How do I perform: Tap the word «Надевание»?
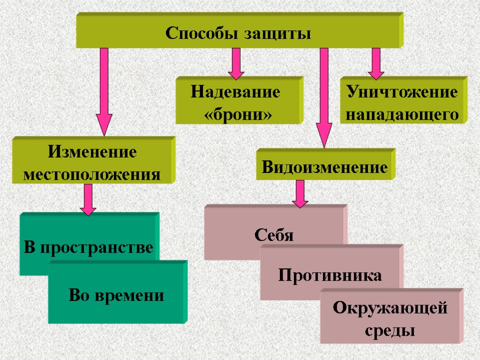(x=235, y=92)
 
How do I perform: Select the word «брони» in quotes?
(x=238, y=114)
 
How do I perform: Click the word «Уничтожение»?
(x=402, y=92)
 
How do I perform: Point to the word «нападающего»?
(x=402, y=114)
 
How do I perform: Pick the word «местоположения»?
(x=92, y=174)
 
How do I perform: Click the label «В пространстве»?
(x=89, y=247)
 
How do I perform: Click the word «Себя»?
(x=274, y=234)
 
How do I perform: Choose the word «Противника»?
(x=330, y=275)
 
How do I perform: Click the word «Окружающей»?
(x=390, y=308)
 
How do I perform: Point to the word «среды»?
(x=390, y=331)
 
